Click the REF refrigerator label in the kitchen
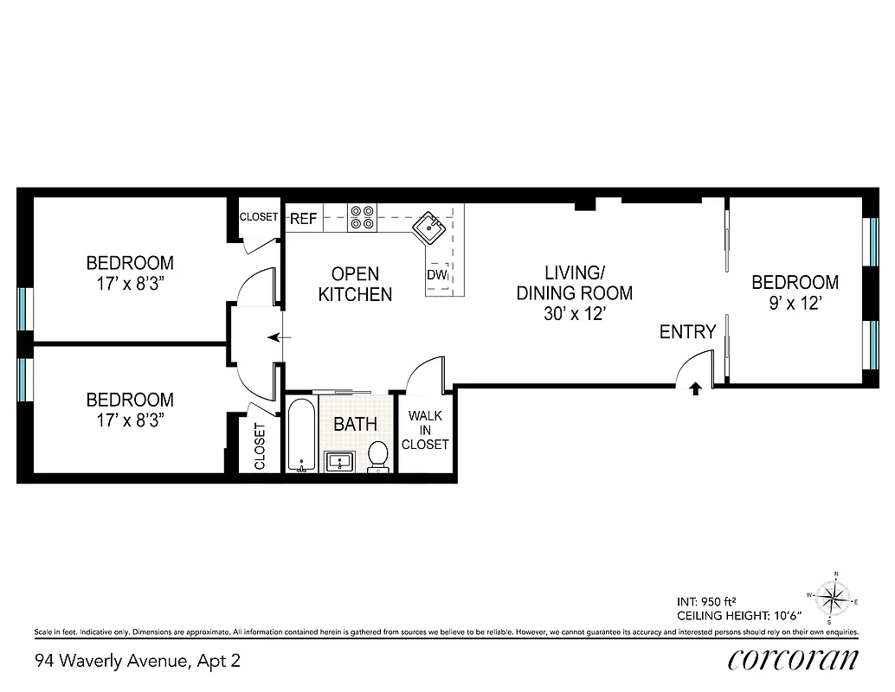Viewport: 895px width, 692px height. pyautogui.click(x=303, y=219)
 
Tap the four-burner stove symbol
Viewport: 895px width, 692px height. pyautogui.click(x=362, y=217)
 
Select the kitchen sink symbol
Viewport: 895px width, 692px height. pyautogui.click(x=428, y=228)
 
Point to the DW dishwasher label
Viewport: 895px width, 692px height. pyautogui.click(x=435, y=275)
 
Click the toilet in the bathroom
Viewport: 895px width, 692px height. pyautogui.click(x=378, y=455)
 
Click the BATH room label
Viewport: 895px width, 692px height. pyautogui.click(x=356, y=424)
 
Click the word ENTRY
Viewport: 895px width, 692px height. pyautogui.click(x=687, y=332)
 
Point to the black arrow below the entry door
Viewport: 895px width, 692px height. pyautogui.click(x=694, y=389)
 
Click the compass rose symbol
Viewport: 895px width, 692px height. pyautogui.click(x=834, y=597)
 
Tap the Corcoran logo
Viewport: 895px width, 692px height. pyautogui.click(x=793, y=660)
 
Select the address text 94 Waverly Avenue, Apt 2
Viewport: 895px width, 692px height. pyautogui.click(x=137, y=662)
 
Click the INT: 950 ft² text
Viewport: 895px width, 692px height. pyautogui.click(x=705, y=601)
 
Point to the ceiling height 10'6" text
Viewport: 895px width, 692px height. pyautogui.click(x=739, y=616)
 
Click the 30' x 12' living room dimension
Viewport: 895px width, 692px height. pyautogui.click(x=574, y=315)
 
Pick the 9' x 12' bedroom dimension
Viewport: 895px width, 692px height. pyautogui.click(x=794, y=304)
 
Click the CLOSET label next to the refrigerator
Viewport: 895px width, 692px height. pyautogui.click(x=259, y=217)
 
